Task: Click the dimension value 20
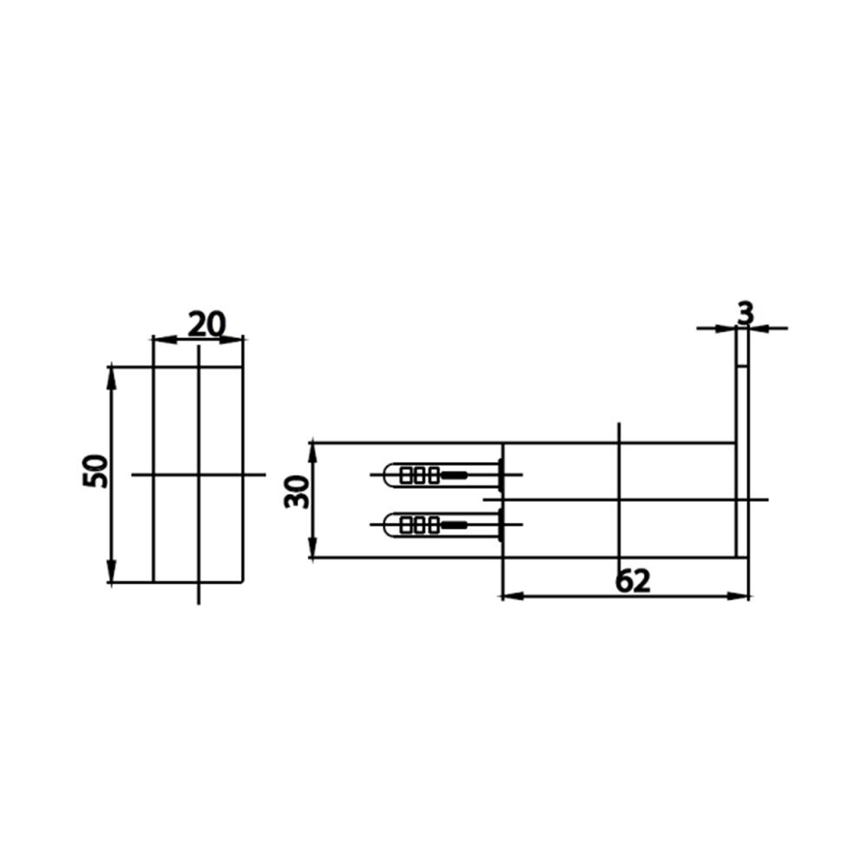click(x=207, y=324)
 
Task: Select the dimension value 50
click(x=95, y=471)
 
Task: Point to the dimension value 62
click(x=633, y=581)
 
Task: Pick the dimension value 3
click(x=746, y=314)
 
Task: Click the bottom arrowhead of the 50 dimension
click(x=112, y=570)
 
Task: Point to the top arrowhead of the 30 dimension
click(x=312, y=454)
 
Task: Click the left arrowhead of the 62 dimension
click(x=512, y=596)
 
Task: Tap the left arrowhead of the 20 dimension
click(x=165, y=339)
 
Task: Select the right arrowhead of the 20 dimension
click(x=231, y=339)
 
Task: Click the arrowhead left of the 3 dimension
click(x=726, y=329)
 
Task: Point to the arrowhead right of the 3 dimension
click(x=759, y=329)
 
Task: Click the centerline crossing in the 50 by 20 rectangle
click(x=199, y=474)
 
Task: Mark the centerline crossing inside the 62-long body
click(x=619, y=500)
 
